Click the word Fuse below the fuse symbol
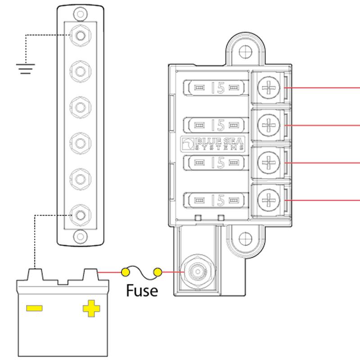[x=142, y=290]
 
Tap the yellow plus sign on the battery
[x=91, y=308]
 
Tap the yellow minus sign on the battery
[x=34, y=308]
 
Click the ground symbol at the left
[x=25, y=68]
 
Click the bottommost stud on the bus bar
[x=80, y=215]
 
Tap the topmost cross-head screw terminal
[x=269, y=87]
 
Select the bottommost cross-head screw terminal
[x=269, y=198]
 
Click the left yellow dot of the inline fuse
[x=126, y=272]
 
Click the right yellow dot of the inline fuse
[x=157, y=272]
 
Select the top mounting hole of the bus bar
[x=80, y=14]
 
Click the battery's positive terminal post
[x=91, y=274]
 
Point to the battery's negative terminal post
[x=35, y=274]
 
